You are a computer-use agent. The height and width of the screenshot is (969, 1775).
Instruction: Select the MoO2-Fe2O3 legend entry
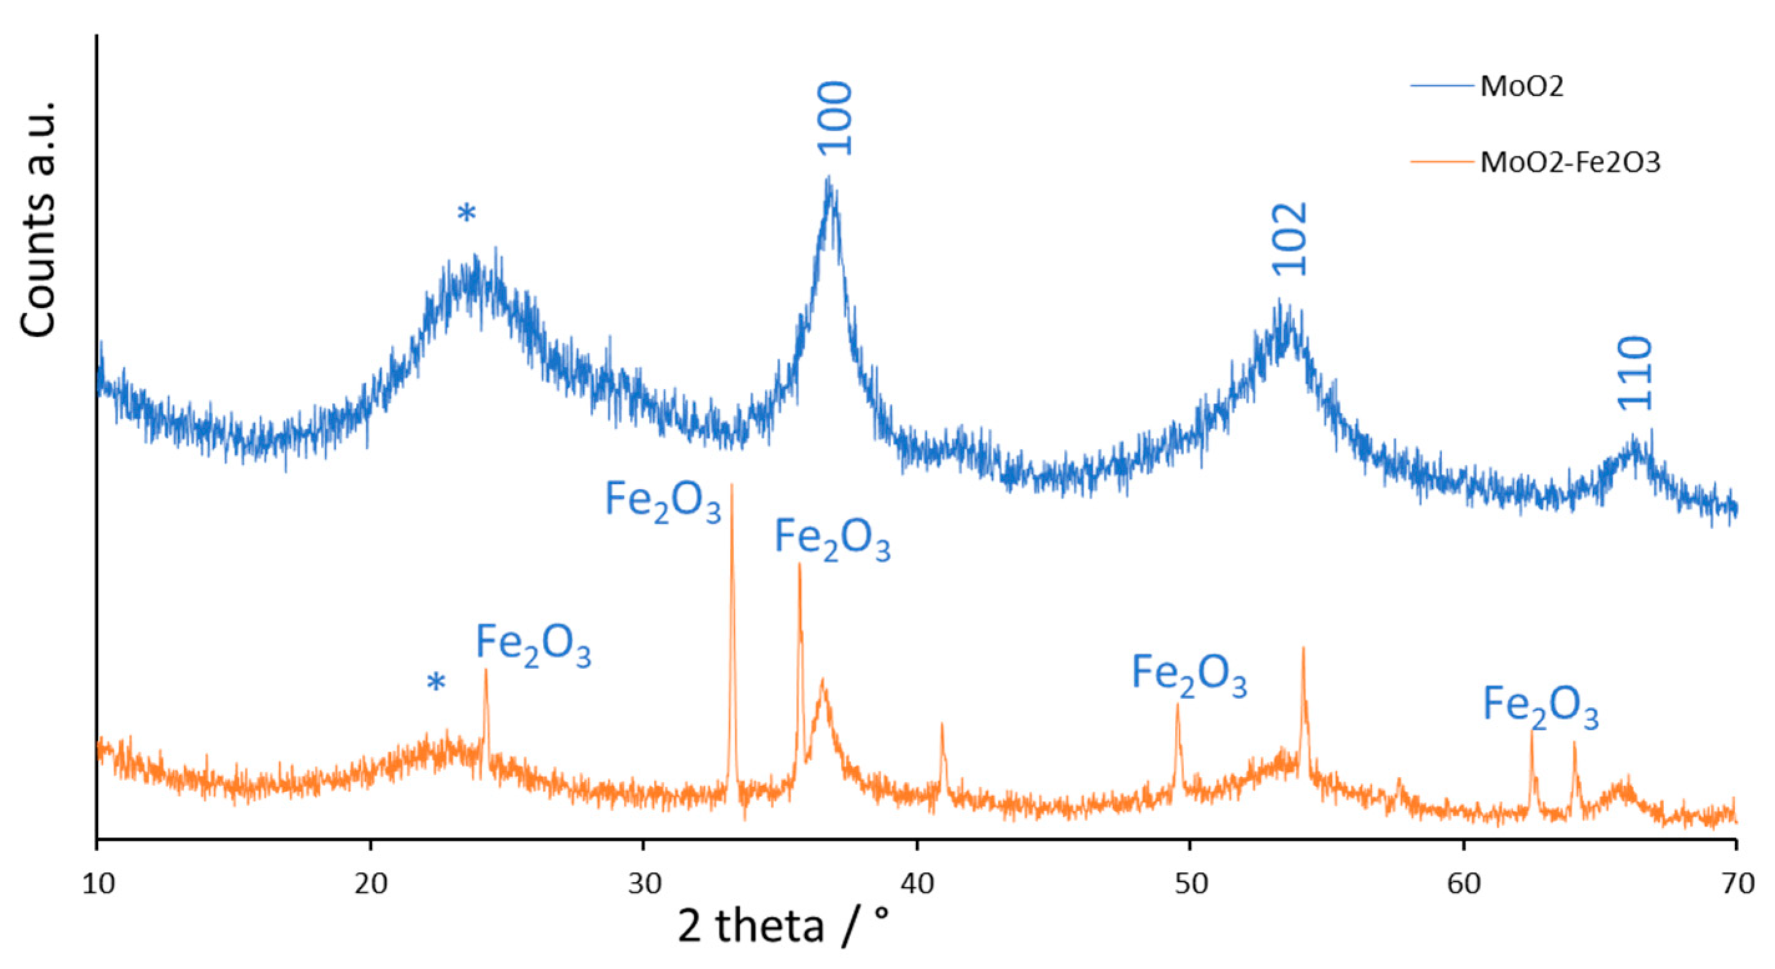click(x=1570, y=162)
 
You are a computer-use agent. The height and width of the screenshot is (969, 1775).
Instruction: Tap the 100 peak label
click(x=835, y=118)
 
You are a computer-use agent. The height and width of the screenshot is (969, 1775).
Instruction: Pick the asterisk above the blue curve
click(x=466, y=214)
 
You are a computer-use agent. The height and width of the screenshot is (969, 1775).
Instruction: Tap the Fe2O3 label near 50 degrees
click(x=1189, y=676)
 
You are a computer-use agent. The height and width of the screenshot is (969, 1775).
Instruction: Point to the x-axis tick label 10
click(x=98, y=884)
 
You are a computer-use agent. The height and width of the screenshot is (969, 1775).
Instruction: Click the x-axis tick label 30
click(x=644, y=884)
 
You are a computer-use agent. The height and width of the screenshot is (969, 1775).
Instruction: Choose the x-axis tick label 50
click(x=1190, y=884)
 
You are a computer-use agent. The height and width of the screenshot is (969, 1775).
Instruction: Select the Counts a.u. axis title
click(x=38, y=219)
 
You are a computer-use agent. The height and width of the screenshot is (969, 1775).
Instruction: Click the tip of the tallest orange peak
click(x=731, y=485)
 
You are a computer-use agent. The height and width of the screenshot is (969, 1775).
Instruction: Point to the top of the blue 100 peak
click(x=828, y=177)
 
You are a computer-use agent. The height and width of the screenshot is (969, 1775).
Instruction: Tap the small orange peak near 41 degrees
click(x=942, y=724)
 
